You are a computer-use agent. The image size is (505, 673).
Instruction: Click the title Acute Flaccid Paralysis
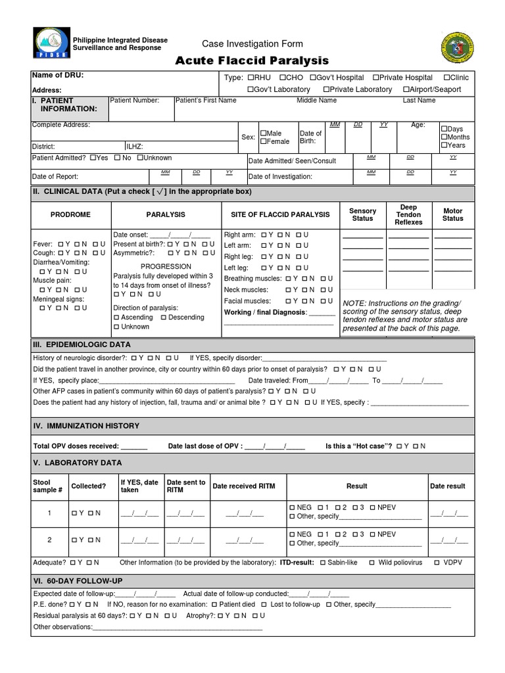[x=252, y=61]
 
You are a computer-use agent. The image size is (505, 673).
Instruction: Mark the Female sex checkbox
[x=263, y=142]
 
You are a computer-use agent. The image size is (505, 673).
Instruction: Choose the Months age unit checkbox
[x=445, y=137]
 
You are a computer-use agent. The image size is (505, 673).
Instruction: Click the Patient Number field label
[x=134, y=101]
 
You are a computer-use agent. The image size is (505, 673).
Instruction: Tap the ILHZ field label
[x=135, y=147]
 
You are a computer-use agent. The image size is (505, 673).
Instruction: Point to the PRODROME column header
[x=70, y=214]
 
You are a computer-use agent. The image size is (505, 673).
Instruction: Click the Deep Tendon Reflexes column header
[x=408, y=214]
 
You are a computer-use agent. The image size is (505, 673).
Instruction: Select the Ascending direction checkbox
[x=116, y=317]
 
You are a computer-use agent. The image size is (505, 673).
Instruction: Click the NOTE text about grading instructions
[x=404, y=315]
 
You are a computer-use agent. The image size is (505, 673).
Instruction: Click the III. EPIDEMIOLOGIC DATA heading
[x=82, y=344]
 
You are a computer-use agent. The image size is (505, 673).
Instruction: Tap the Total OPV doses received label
[x=76, y=446]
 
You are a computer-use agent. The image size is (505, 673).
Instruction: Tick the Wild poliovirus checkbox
[x=372, y=563]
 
